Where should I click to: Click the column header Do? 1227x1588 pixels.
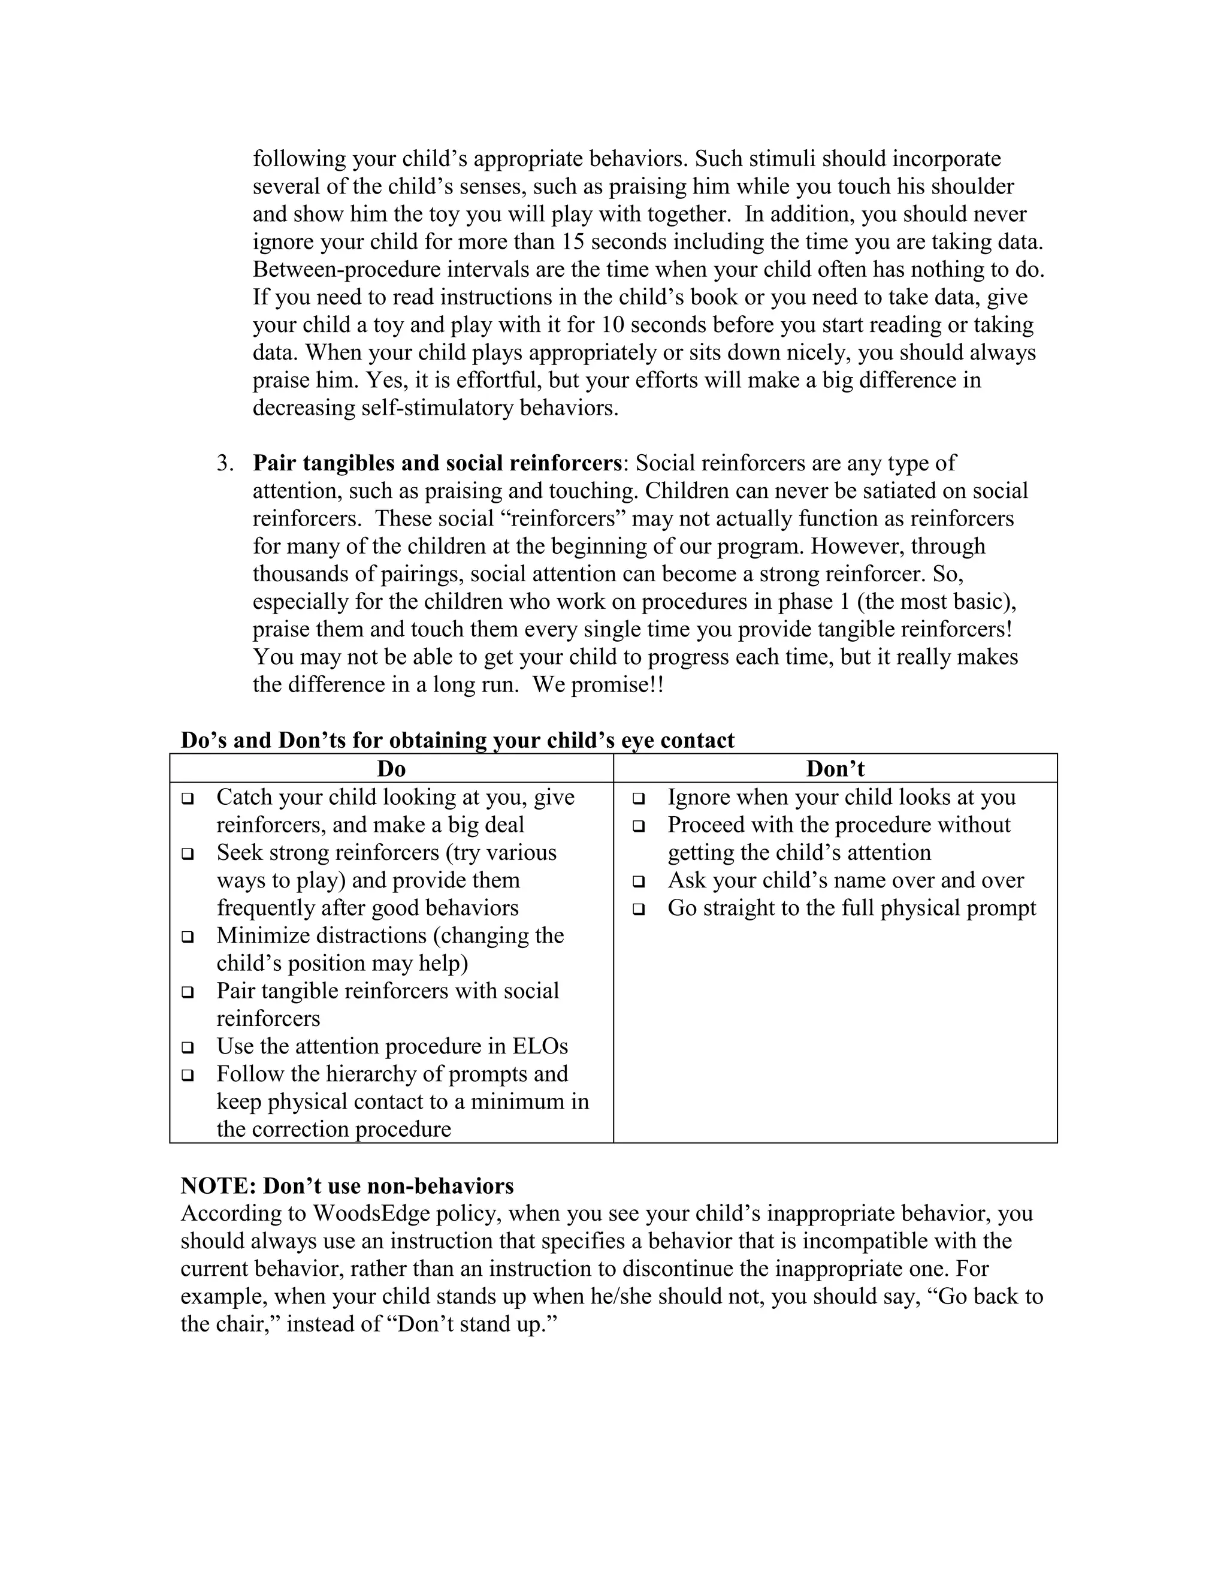tap(391, 769)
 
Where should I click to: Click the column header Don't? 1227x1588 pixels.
tap(835, 769)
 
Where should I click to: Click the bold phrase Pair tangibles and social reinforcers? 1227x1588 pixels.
tap(437, 463)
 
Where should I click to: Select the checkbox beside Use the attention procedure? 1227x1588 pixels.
tap(188, 1047)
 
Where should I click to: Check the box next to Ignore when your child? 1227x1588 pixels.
tap(639, 798)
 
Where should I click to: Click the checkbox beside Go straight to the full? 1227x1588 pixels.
tap(639, 909)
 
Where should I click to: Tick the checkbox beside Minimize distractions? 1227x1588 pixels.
tap(188, 937)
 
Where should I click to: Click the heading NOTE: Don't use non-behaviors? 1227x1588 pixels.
tap(347, 1186)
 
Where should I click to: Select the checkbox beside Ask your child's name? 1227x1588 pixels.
tap(639, 881)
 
